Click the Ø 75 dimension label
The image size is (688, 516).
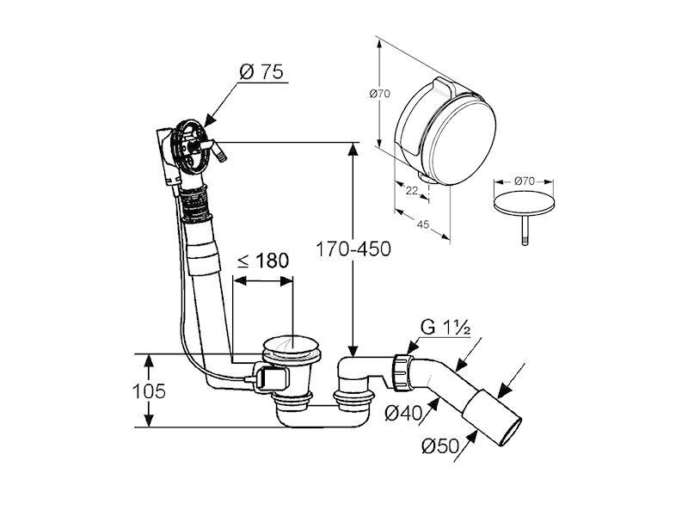tap(261, 71)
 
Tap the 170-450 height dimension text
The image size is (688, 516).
tap(353, 249)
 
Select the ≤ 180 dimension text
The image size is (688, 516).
tap(263, 261)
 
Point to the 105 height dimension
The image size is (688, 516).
tap(149, 391)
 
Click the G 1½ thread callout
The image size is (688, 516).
tap(445, 327)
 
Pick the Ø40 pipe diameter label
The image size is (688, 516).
tap(403, 413)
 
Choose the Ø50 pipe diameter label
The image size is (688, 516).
tap(440, 446)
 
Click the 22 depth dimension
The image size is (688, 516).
tap(412, 191)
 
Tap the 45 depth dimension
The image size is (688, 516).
tap(422, 224)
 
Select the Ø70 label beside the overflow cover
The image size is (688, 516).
tap(380, 94)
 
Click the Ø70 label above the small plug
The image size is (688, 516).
tap(525, 181)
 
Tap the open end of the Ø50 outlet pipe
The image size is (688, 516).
tap(511, 432)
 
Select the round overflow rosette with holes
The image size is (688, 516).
tap(190, 145)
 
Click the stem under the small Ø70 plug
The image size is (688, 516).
tap(525, 230)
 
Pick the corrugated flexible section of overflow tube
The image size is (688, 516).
tap(195, 205)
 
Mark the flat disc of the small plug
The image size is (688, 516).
tap(524, 203)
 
